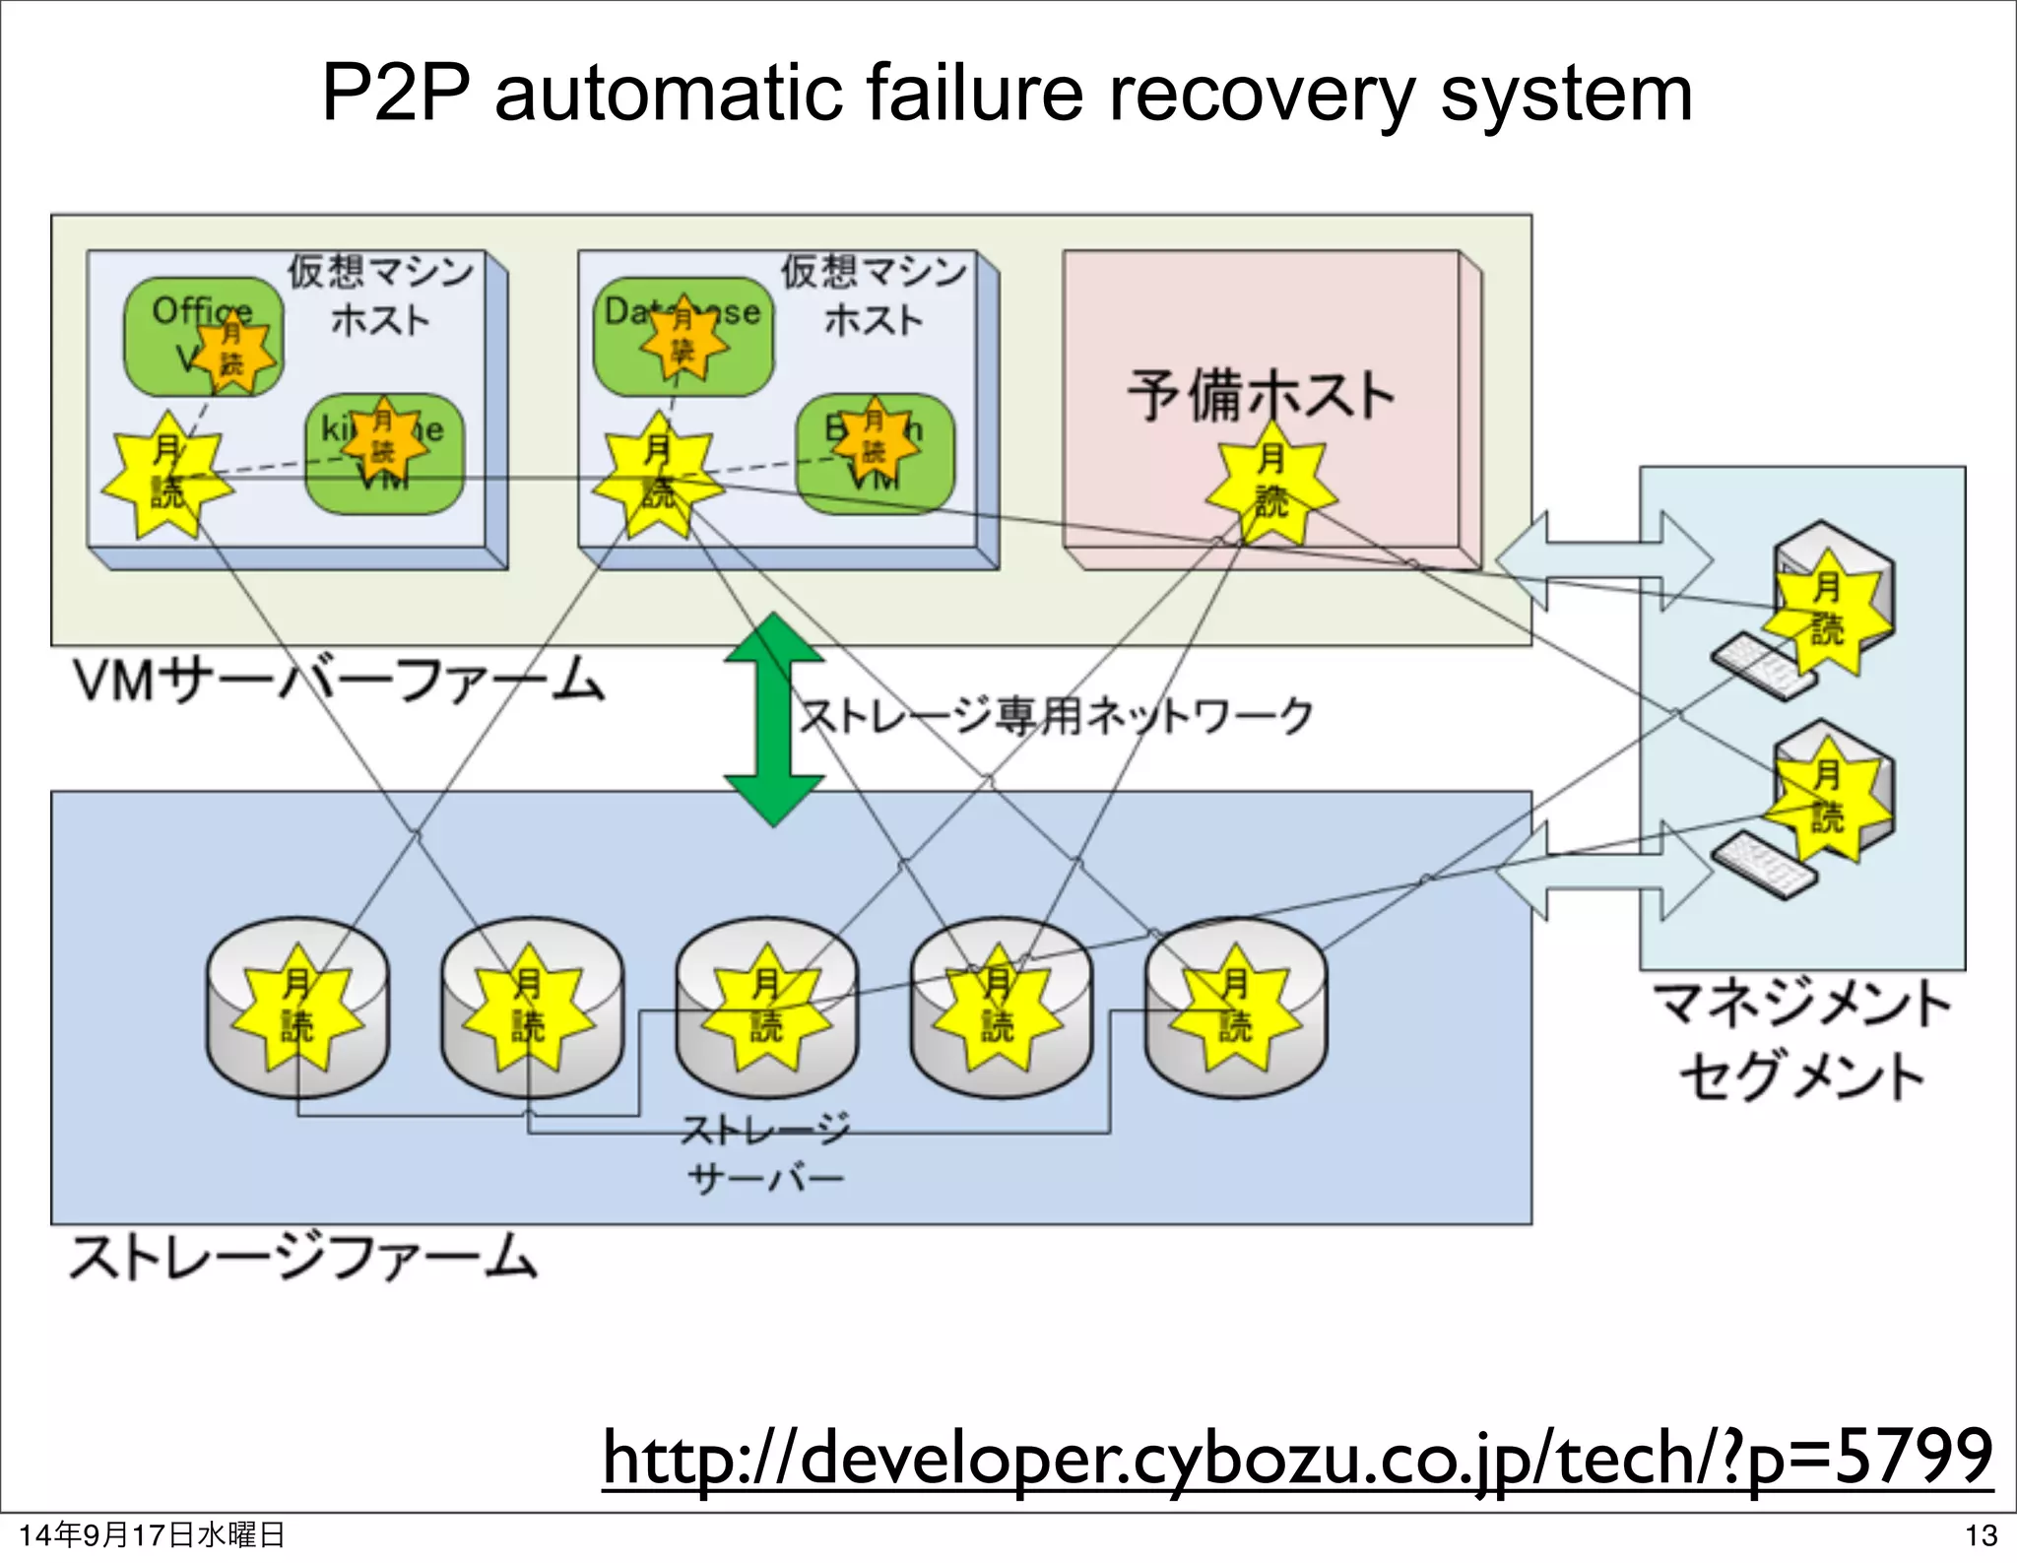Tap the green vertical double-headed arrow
tap(775, 719)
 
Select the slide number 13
tap(1981, 1535)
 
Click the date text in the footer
tap(152, 1535)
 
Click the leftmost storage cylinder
tap(297, 1009)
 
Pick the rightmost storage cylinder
tap(1236, 1009)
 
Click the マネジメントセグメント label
tap(1802, 1039)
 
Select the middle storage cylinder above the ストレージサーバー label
tap(766, 1009)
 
